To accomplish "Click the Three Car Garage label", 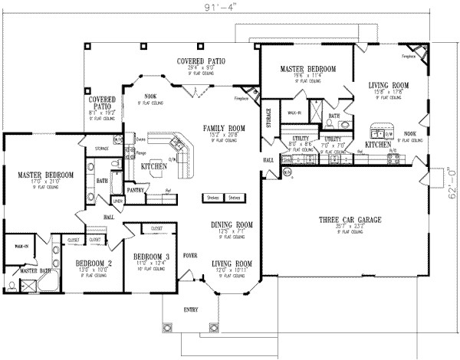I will (x=347, y=221).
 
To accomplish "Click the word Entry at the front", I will (x=189, y=309).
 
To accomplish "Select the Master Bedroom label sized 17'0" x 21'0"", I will (x=46, y=175).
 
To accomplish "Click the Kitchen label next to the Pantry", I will (x=156, y=165).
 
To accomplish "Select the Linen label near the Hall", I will (x=117, y=201).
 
